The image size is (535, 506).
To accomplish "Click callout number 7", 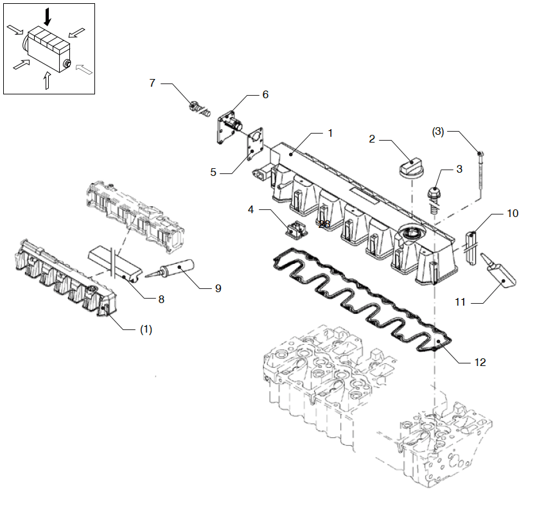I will (x=152, y=83).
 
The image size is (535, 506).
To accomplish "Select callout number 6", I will (x=265, y=94).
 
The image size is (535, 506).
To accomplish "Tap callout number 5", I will (x=214, y=172).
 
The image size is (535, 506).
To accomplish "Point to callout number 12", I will (x=480, y=362).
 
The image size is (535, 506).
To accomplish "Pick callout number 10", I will (x=512, y=213).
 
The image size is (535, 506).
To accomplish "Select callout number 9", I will (x=218, y=289).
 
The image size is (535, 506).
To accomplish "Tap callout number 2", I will (x=372, y=138).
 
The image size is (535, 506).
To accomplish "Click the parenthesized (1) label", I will (x=146, y=329).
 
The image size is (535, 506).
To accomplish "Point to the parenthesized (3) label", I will (x=437, y=132).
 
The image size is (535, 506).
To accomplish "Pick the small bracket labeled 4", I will (x=297, y=228).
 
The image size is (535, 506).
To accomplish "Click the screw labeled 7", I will (x=198, y=110).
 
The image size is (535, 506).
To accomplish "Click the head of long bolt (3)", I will (x=480, y=152).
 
